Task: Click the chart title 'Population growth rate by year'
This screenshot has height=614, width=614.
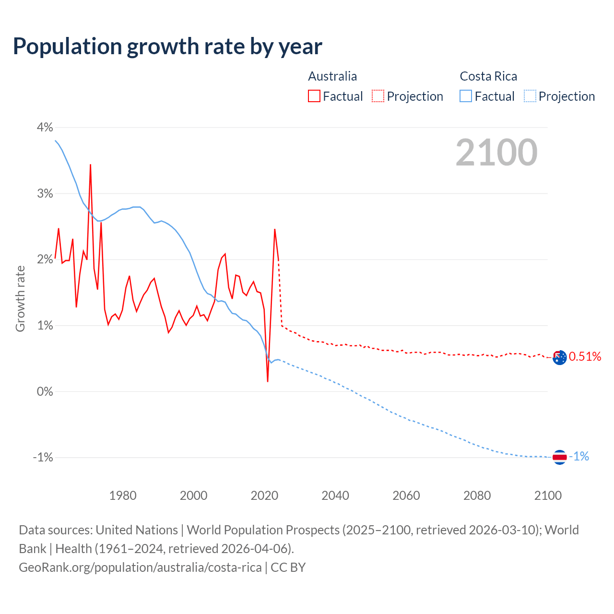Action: [x=167, y=47]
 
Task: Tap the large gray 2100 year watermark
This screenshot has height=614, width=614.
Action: [x=496, y=153]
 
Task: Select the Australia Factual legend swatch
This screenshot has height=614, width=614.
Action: [x=314, y=96]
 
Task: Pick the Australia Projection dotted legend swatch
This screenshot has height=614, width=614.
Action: [x=378, y=96]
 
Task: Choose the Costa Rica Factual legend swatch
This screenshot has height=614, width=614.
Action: [x=466, y=96]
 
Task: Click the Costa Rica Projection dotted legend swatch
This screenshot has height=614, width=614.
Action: [x=530, y=96]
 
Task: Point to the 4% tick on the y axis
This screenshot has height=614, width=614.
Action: [x=45, y=127]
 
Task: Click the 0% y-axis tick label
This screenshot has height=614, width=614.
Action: [x=45, y=391]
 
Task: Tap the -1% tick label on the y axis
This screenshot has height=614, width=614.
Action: [x=43, y=457]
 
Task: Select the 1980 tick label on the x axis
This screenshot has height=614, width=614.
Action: [x=123, y=496]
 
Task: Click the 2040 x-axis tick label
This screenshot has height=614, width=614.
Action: [x=335, y=496]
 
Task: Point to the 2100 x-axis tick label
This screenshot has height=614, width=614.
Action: [x=548, y=496]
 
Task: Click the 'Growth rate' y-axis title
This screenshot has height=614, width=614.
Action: [x=20, y=298]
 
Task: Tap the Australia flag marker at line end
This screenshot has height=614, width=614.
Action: [x=559, y=357]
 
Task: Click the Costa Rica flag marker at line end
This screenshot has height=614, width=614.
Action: [x=559, y=457]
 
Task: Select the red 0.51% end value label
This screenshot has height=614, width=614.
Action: [x=585, y=356]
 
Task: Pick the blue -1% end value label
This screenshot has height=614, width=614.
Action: [x=579, y=456]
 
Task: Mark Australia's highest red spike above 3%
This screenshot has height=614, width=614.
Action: [x=90, y=165]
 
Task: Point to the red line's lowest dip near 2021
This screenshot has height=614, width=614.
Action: [x=268, y=381]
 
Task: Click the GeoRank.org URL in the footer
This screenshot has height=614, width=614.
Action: [x=140, y=567]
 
